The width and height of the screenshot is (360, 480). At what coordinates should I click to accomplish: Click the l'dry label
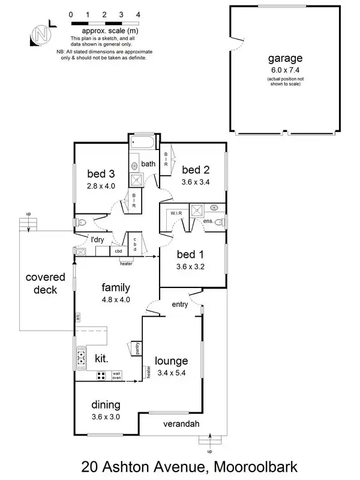click(98, 240)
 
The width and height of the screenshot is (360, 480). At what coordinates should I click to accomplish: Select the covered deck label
click(41, 284)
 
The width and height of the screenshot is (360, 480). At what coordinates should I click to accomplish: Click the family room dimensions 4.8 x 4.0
click(116, 299)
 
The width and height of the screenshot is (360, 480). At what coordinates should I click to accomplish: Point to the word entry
click(180, 305)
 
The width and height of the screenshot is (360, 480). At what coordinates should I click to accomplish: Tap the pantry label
click(137, 350)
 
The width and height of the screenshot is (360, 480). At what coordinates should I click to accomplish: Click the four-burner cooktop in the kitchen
click(101, 376)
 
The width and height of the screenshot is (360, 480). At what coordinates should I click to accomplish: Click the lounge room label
click(172, 361)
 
